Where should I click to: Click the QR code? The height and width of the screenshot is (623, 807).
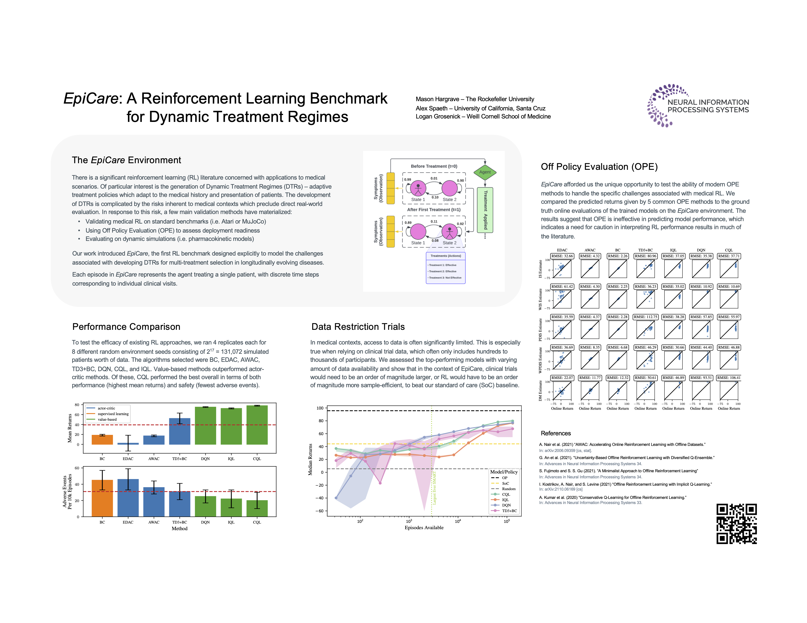click(736, 523)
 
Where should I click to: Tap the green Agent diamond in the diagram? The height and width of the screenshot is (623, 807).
click(485, 172)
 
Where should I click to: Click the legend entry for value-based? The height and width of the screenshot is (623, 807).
click(107, 419)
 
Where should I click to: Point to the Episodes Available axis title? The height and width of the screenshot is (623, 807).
click(424, 527)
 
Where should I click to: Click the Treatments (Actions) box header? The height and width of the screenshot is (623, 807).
click(446, 256)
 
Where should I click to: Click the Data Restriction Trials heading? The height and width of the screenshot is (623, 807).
click(358, 327)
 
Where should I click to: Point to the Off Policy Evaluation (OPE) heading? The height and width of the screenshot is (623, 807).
click(599, 167)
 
